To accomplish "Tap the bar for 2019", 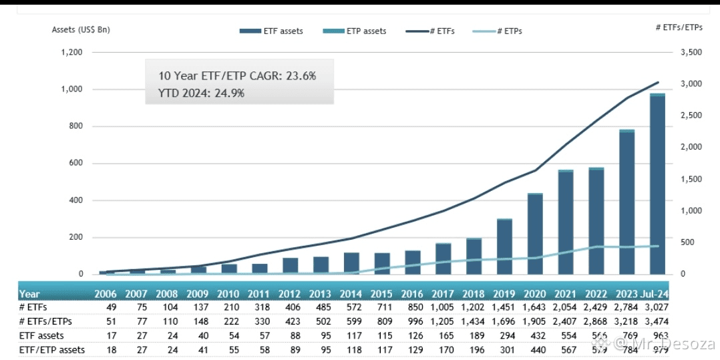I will pyautogui.click(x=504, y=246).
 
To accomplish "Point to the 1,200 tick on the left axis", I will pyautogui.click(x=71, y=53).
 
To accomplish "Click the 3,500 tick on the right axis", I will pyautogui.click(x=691, y=53).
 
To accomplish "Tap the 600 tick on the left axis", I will pyautogui.click(x=75, y=164).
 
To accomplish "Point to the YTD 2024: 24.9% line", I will pyautogui.click(x=201, y=93).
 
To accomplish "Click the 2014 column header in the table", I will pyautogui.click(x=350, y=294).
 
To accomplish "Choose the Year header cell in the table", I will pyautogui.click(x=30, y=294).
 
